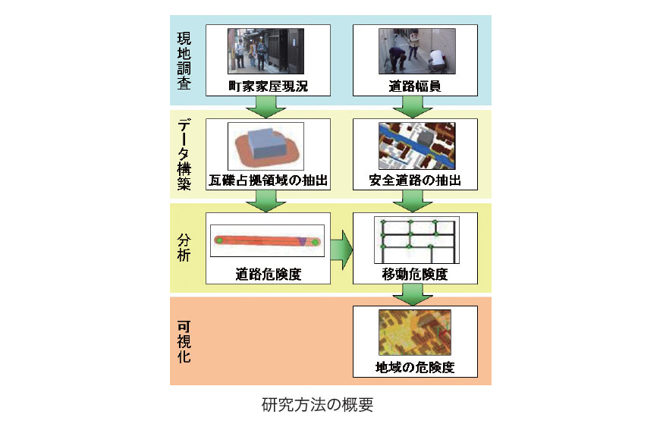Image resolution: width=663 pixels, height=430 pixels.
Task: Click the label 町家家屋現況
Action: click(268, 87)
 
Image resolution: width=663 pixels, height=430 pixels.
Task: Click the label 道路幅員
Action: click(415, 87)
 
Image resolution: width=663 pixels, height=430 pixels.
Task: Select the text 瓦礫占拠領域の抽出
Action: click(268, 181)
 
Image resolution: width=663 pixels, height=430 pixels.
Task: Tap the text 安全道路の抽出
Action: click(415, 181)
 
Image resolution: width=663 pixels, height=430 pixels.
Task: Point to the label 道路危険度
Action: click(268, 274)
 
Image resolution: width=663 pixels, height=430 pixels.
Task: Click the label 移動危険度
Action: click(415, 274)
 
